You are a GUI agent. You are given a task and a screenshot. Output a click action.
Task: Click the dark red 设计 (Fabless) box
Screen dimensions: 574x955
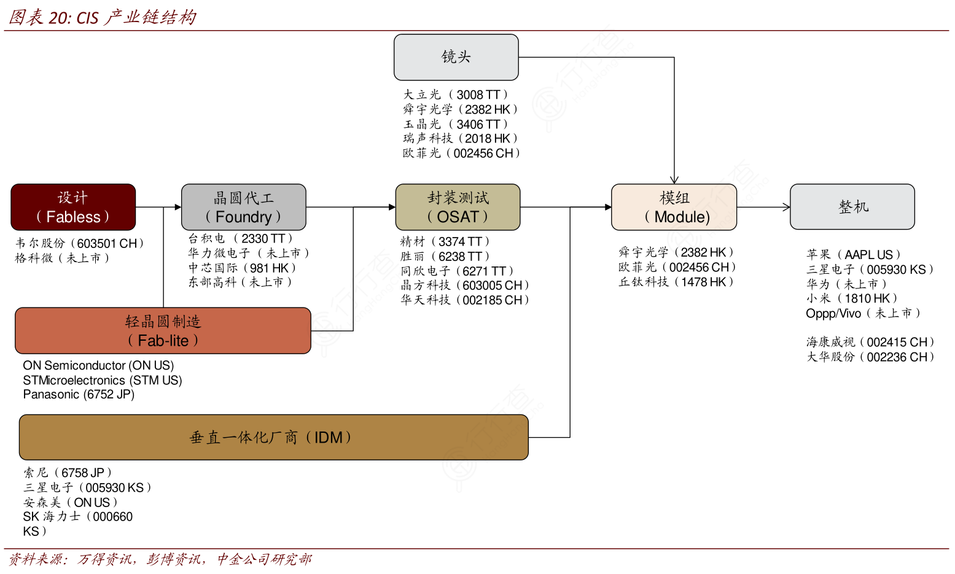tap(73, 207)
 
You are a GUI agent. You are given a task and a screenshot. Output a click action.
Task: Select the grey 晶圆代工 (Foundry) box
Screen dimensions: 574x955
tap(243, 207)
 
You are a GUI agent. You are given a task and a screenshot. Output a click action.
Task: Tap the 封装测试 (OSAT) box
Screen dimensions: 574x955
tap(458, 207)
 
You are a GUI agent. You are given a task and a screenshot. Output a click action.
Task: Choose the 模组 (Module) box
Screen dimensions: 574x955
tap(674, 207)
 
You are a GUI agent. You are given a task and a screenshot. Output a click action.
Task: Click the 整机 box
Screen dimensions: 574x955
tap(852, 207)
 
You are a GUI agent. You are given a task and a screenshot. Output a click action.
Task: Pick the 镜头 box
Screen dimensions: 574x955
tap(456, 57)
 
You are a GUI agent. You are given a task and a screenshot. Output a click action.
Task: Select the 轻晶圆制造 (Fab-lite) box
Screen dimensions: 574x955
tap(163, 330)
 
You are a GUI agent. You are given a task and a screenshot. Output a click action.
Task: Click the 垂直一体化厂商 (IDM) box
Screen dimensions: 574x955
tap(273, 437)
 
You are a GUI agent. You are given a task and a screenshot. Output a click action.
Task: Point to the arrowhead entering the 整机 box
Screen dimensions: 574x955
tap(787, 207)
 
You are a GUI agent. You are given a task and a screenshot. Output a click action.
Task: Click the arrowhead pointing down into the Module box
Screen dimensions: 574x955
tap(674, 180)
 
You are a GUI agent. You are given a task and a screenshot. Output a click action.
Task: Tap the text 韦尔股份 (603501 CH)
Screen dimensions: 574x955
tap(80, 243)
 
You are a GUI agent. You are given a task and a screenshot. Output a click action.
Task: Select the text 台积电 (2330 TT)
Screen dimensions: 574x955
tap(241, 238)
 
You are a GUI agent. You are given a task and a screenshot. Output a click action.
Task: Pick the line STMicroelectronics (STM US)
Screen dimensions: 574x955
tap(103, 380)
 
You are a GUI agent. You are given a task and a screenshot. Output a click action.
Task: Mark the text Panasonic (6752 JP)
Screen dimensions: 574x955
tap(79, 394)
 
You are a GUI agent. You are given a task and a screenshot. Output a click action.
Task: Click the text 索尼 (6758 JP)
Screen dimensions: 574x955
tap(68, 473)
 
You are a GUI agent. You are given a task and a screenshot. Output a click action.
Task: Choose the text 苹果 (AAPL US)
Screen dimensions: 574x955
tap(854, 254)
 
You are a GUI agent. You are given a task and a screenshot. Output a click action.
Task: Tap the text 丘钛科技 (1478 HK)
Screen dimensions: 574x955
tap(676, 282)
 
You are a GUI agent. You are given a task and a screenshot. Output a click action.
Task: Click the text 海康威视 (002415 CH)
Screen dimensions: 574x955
tap(870, 342)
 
